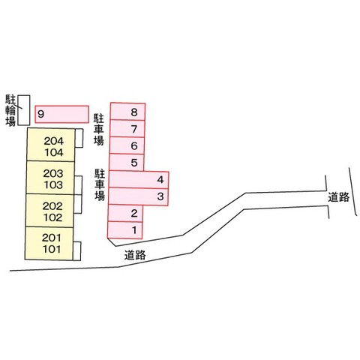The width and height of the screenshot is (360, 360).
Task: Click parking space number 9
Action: click(61, 114)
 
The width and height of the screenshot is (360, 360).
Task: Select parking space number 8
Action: click(127, 111)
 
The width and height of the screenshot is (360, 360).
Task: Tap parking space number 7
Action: click(127, 128)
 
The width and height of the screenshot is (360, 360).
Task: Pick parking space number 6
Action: click(127, 145)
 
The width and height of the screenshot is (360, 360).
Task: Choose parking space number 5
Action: click(127, 163)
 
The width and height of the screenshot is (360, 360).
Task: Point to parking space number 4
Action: click(139, 179)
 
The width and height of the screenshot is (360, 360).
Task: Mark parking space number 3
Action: click(138, 196)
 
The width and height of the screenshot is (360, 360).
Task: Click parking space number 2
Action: click(125, 213)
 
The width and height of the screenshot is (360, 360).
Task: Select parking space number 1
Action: click(124, 230)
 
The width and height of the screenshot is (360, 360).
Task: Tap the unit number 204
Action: click(54, 141)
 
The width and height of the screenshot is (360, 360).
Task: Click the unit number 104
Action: click(54, 152)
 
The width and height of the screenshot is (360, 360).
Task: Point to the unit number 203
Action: click(53, 173)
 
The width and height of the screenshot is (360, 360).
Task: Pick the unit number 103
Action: click(53, 185)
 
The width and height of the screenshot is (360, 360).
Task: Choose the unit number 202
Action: click(52, 206)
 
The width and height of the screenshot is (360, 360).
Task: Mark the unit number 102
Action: click(52, 217)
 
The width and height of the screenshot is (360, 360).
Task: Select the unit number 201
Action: click(51, 238)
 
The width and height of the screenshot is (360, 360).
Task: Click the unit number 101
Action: click(52, 249)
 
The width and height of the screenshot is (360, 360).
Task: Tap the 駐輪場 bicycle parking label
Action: click(10, 110)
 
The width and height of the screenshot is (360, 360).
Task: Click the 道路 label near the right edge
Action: click(339, 197)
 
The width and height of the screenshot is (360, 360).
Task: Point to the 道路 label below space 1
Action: click(135, 255)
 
